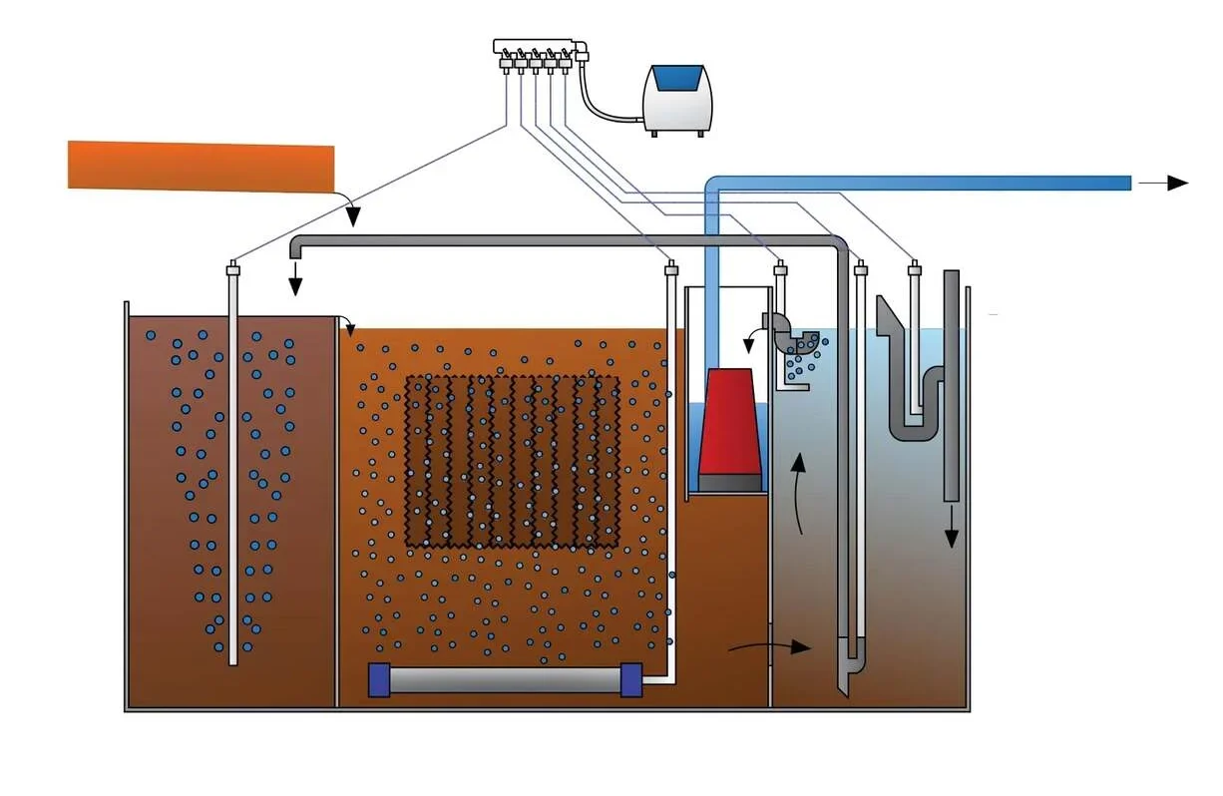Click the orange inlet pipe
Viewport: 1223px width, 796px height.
tap(201, 166)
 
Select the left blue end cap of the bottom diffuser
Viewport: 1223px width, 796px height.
tap(378, 679)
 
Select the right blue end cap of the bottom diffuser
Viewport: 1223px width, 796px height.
tap(630, 679)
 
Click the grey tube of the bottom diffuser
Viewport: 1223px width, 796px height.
tap(504, 680)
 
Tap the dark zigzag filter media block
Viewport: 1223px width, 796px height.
tap(512, 461)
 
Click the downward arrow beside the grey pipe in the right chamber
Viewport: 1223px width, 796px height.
tap(952, 526)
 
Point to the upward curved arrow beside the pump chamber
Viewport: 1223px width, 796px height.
tap(799, 494)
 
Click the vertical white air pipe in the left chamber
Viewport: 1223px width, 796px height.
tap(233, 469)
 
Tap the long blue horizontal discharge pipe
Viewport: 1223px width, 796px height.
tap(918, 183)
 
